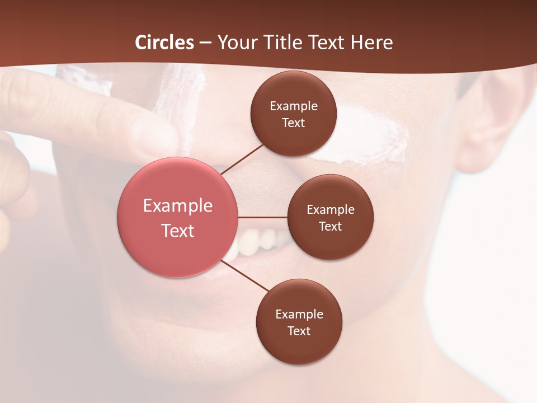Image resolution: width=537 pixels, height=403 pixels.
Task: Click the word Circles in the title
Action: click(164, 43)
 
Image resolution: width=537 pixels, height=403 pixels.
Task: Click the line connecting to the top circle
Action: click(242, 158)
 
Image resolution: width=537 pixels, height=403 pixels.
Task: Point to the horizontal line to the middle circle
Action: click(262, 217)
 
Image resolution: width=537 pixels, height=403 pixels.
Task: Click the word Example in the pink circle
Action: click(178, 206)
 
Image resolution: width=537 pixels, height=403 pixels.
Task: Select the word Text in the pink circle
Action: click(178, 231)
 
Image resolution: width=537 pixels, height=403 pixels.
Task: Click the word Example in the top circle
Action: click(294, 106)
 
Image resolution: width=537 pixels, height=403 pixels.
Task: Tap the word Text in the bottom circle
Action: click(299, 331)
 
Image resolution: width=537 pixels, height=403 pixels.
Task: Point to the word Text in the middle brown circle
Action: click(330, 226)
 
